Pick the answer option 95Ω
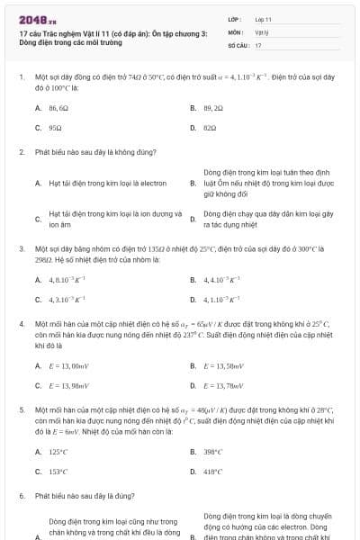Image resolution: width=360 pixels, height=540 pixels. click(x=55, y=128)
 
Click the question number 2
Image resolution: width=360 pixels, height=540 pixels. click(x=21, y=152)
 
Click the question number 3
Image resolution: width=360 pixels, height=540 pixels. click(x=21, y=247)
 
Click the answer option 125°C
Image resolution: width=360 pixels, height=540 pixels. click(x=58, y=452)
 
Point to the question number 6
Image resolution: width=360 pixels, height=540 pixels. click(x=21, y=495)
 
